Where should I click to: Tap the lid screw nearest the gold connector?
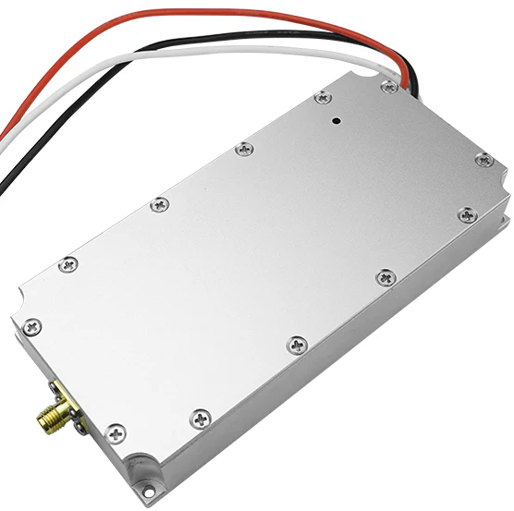pyautogui.click(x=116, y=431)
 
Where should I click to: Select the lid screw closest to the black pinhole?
pyautogui.click(x=321, y=96)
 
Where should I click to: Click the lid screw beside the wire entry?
pyautogui.click(x=389, y=85)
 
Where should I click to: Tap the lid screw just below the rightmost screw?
pyautogui.click(x=465, y=215)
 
